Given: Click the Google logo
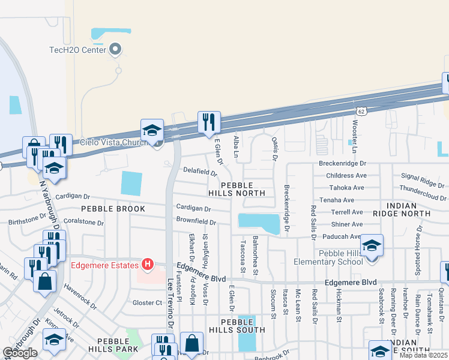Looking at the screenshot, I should tap(20, 353).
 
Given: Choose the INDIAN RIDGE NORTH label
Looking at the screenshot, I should tap(409, 209).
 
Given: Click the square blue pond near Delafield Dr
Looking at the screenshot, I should tap(131, 183).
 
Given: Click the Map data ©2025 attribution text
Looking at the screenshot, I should tap(424, 355).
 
